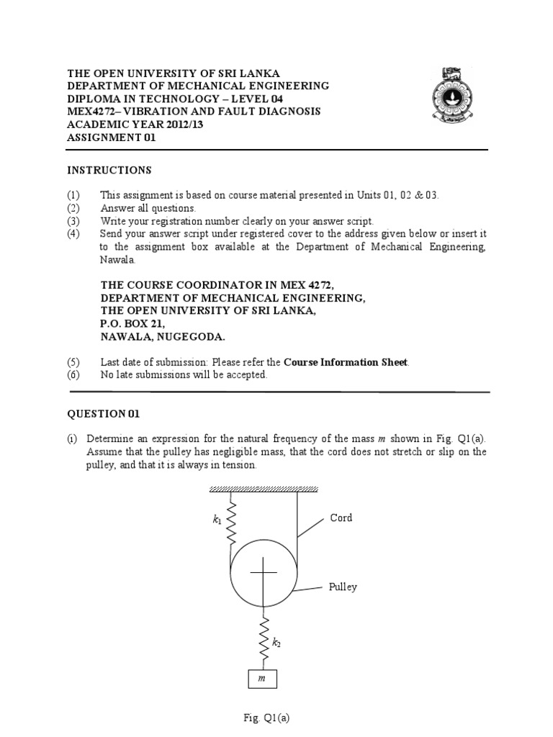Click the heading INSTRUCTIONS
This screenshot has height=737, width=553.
coord(109,171)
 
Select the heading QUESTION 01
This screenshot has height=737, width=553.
coord(104,414)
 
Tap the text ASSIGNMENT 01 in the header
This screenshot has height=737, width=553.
coord(111,137)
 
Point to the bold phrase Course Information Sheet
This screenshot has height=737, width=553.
coord(346,362)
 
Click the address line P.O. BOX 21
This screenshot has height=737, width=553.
coord(127,324)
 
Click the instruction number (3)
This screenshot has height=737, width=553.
coord(74,221)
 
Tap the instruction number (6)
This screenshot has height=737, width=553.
coord(74,375)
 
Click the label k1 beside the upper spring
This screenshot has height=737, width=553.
coord(217,520)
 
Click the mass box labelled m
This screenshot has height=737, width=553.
coord(262,679)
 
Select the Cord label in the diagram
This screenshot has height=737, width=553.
coord(341,517)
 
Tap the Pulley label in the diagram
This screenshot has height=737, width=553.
coord(343,587)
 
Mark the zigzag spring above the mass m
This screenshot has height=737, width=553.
coord(265,639)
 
